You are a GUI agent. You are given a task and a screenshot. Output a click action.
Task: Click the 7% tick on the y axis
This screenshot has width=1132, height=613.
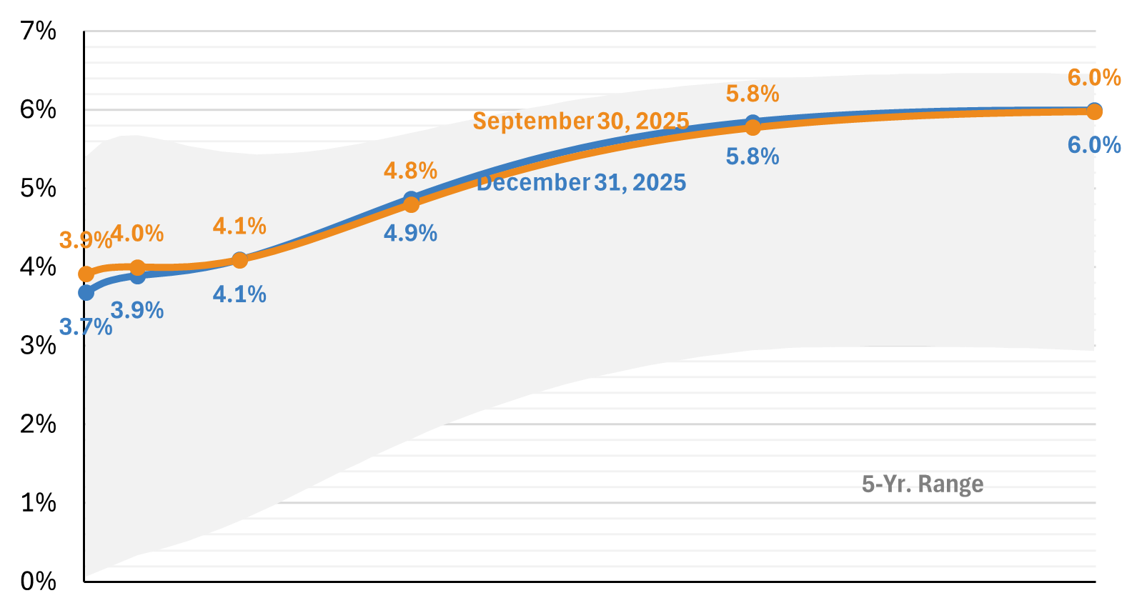pos(38,31)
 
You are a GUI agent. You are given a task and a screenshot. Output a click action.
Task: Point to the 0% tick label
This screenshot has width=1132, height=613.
pos(38,581)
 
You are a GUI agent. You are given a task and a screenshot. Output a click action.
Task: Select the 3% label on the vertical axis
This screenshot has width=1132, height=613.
pos(38,345)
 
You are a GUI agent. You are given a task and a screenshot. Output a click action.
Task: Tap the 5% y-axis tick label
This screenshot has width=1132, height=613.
pos(38,188)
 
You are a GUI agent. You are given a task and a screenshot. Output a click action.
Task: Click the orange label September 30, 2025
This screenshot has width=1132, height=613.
pos(580,121)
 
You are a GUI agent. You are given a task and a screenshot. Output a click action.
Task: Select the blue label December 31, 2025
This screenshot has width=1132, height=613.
pos(581,183)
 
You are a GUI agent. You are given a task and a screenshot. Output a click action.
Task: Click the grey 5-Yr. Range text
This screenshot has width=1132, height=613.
pos(922,484)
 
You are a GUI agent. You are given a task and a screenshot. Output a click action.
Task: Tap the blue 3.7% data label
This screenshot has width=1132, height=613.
pos(86,327)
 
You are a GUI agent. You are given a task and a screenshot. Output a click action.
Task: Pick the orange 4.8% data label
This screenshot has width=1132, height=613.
pos(410,171)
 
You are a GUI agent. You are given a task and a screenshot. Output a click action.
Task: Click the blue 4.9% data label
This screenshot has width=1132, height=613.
pos(410,233)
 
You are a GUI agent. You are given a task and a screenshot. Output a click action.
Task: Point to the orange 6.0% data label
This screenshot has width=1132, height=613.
pos(1093,77)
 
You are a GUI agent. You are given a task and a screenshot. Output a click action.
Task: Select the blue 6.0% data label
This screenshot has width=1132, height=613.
pos(1093,145)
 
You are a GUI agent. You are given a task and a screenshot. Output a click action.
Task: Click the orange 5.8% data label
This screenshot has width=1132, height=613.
pos(752,94)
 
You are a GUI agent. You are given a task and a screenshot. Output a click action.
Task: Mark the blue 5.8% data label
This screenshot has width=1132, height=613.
pos(752,156)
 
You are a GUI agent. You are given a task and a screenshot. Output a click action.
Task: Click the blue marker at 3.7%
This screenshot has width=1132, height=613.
pos(86,292)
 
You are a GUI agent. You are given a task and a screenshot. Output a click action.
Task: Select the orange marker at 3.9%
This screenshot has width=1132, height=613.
pos(86,274)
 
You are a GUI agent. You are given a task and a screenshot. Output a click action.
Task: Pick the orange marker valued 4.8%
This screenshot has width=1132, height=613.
pos(411,204)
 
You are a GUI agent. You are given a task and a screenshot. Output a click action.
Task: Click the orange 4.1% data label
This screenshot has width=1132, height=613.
pos(239,226)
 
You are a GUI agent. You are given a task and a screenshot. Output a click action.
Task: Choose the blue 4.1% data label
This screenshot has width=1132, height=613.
pos(239,294)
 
